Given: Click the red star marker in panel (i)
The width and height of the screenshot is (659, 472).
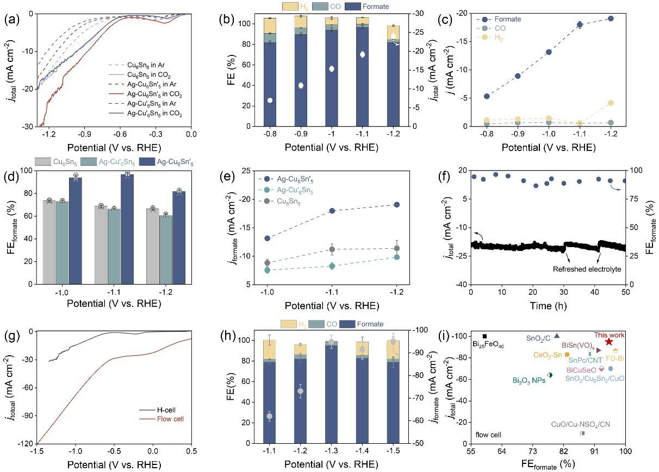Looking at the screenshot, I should [608, 342].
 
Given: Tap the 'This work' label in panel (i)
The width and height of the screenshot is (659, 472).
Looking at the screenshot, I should [609, 335].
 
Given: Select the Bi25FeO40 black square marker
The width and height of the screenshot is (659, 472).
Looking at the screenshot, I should [484, 336].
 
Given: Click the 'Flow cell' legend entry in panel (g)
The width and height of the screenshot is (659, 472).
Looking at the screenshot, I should [170, 419].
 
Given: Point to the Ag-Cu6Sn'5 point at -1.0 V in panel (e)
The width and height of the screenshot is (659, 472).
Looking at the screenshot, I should [266, 238].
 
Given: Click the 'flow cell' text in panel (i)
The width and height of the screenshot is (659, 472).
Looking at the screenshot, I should [488, 435].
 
